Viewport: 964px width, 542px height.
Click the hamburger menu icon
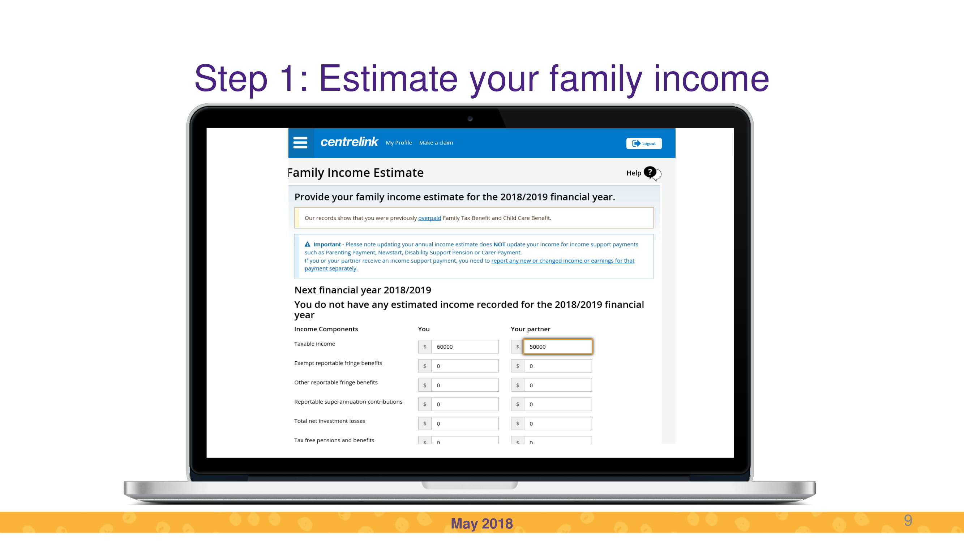[x=300, y=142]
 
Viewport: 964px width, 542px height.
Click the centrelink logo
[x=349, y=142]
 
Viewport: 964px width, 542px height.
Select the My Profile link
[x=399, y=143]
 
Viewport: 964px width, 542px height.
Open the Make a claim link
[x=436, y=143]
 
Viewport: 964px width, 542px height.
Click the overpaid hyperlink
[x=430, y=218]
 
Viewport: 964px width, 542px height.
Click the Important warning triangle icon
[x=308, y=244]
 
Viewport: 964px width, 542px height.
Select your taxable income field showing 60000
[x=465, y=347]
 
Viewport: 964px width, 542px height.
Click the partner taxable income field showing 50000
[x=558, y=347]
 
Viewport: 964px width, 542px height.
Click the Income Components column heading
[x=326, y=329]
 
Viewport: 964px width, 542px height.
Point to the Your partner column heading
[x=530, y=329]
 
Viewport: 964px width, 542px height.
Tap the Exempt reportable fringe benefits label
[x=338, y=363]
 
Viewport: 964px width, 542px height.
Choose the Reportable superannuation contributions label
[x=348, y=402]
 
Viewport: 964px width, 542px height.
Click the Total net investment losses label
[x=329, y=421]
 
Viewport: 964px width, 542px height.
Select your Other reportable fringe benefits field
[x=465, y=385]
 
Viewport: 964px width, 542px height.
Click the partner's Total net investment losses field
[x=558, y=424]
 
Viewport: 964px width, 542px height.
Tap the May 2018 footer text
[x=481, y=524]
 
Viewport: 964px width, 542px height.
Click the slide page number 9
[x=908, y=520]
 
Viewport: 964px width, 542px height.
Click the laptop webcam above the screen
[x=470, y=119]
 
